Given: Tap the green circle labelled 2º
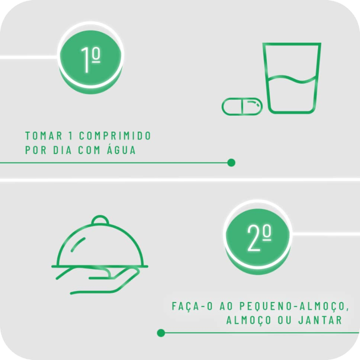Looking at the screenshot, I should point(258,238).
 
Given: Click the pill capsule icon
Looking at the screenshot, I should point(242,106).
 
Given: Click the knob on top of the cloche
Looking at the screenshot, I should point(100,220).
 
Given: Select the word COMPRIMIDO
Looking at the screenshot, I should point(115,136).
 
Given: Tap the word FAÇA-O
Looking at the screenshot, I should point(192,306).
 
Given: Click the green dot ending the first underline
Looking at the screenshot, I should point(231,163).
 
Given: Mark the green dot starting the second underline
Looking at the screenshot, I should point(161,333).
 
